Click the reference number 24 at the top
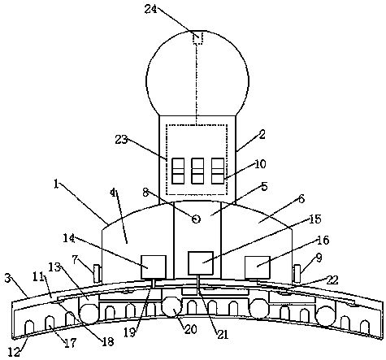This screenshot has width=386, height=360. click(150, 9)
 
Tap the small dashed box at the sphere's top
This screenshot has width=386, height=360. click(197, 37)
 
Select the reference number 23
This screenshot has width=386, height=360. click(121, 140)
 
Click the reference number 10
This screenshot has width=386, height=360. click(260, 164)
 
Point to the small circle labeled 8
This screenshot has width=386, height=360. click(196, 219)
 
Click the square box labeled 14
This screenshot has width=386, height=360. click(154, 267)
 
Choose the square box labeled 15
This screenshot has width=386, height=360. click(201, 262)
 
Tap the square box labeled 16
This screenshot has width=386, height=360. click(258, 267)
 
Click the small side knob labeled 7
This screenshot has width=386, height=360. click(97, 273)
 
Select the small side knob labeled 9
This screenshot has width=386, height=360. click(297, 273)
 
